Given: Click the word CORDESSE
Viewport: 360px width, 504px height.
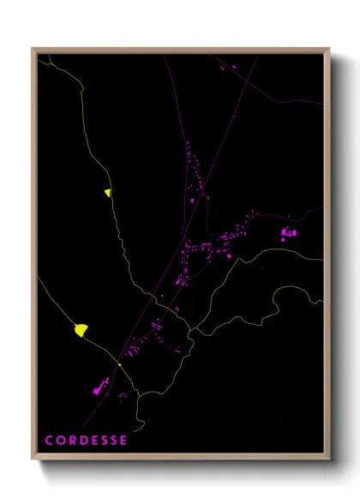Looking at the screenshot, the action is pyautogui.click(x=86, y=441).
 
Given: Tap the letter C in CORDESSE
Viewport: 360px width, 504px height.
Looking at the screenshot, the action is pyautogui.click(x=49, y=441).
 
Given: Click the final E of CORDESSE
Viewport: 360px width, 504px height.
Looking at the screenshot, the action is pyautogui.click(x=123, y=441).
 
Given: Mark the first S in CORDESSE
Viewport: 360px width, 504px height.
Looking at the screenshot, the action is pyautogui.click(x=103, y=441).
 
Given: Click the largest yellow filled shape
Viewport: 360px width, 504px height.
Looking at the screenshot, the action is pyautogui.click(x=81, y=329).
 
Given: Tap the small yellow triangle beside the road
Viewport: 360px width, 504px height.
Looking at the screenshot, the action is pyautogui.click(x=108, y=193).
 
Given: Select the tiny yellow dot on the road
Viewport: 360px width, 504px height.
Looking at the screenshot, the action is pyautogui.click(x=119, y=365).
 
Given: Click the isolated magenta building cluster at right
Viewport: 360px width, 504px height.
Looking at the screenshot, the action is pyautogui.click(x=288, y=231).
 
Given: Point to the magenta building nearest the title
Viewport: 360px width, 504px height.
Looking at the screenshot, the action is pyautogui.click(x=97, y=389).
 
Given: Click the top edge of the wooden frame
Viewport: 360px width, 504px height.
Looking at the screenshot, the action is pyautogui.click(x=180, y=50).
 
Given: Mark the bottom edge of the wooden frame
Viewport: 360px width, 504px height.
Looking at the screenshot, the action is pyautogui.click(x=180, y=457).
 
